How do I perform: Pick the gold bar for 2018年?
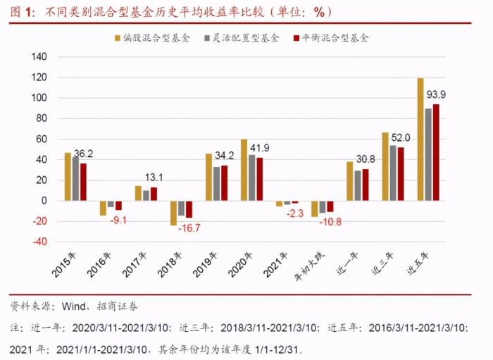tap(174, 213)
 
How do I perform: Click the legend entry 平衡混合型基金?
tap(335, 38)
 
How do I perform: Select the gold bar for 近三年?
tap(385, 166)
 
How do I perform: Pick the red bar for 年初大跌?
tap(330, 206)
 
